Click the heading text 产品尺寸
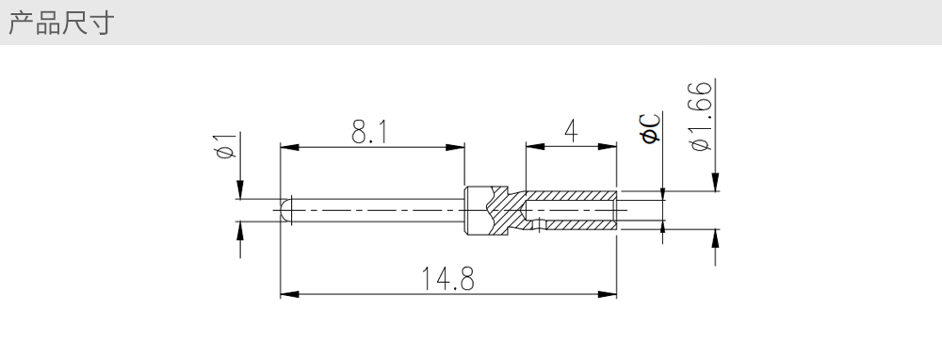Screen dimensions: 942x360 [61, 23]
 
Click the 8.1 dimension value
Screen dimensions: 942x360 [369, 132]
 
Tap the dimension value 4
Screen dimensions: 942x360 [571, 131]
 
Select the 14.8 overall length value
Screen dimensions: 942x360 [447, 279]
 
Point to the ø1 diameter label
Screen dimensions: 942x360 [226, 145]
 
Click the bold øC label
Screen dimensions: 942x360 [651, 128]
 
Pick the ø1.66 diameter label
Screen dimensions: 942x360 [701, 116]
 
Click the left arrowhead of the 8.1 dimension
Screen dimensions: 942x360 [289, 147]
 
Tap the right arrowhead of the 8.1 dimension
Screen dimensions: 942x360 [455, 147]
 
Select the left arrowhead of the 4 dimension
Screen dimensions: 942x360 [535, 147]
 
